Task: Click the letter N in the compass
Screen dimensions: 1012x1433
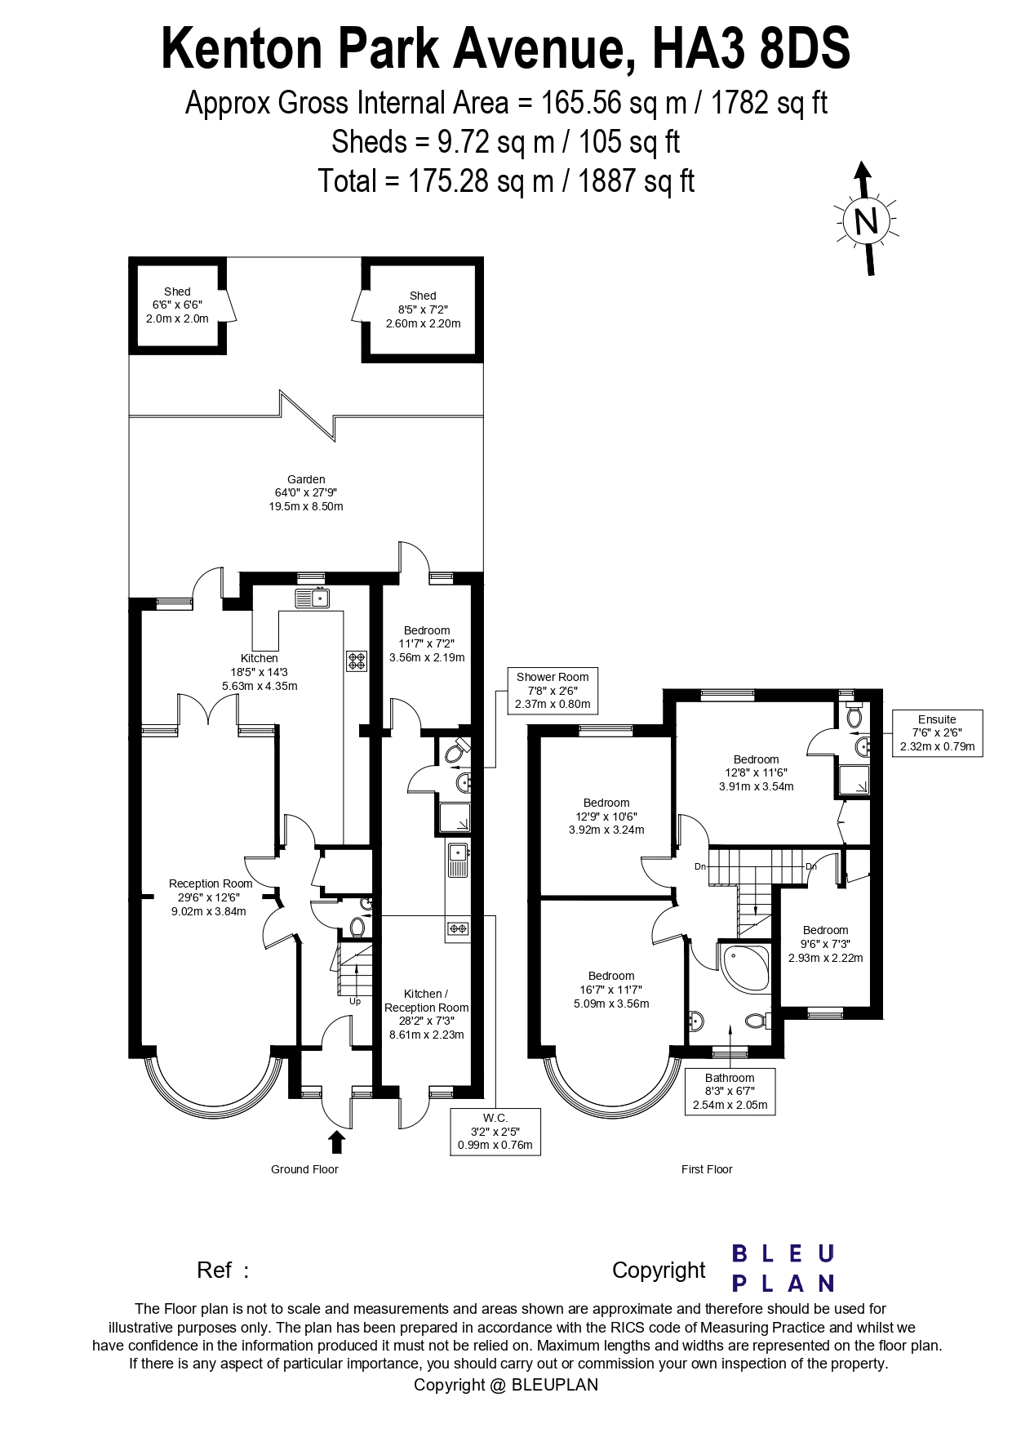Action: (x=866, y=220)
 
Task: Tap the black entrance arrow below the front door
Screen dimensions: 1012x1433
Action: (x=336, y=1142)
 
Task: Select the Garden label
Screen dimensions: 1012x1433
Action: (x=306, y=493)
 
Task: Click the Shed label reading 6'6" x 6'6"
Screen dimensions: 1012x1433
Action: (x=177, y=305)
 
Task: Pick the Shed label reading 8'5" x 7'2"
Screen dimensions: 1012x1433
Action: (x=423, y=309)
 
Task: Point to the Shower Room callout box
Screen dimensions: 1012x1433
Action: (x=553, y=691)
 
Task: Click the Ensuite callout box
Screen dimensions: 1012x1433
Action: (x=937, y=732)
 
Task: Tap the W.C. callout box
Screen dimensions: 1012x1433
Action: (x=495, y=1131)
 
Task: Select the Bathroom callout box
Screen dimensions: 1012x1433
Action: (x=730, y=1092)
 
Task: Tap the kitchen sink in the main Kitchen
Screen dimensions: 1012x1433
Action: (x=312, y=598)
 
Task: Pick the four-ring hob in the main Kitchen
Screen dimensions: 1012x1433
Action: (x=357, y=661)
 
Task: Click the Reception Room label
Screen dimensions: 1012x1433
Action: (x=210, y=897)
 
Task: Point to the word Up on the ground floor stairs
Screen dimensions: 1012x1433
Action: (x=355, y=1001)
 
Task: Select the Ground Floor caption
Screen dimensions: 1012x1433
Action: (x=304, y=1169)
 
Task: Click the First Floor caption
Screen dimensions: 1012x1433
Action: (x=707, y=1169)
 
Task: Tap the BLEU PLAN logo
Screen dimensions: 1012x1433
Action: (x=783, y=1268)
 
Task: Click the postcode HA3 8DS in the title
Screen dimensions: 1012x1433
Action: (x=751, y=48)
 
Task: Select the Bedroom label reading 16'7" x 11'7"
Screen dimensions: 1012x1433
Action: (x=611, y=990)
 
